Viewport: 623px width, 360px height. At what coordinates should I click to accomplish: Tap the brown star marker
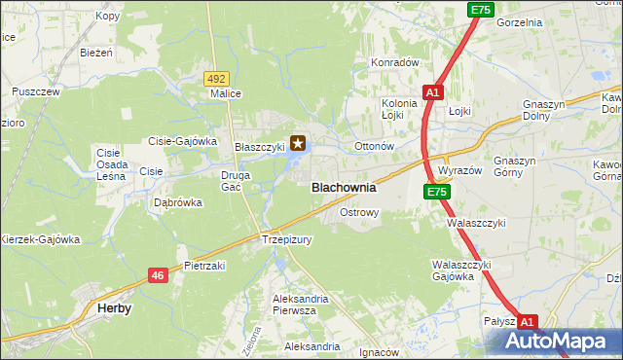pos(298,143)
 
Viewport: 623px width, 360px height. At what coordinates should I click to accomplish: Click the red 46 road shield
pos(158,276)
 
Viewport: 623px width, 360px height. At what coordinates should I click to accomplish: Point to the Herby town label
pos(115,307)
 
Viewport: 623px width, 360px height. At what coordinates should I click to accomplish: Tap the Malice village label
pos(226,94)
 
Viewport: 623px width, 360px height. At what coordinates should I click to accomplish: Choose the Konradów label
pos(394,62)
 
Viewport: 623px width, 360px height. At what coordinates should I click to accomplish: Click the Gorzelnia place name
pos(518,21)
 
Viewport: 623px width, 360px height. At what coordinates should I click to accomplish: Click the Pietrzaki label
pos(204,265)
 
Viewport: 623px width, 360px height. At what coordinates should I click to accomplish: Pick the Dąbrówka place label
pos(178,203)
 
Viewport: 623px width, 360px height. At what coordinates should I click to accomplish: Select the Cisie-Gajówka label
pos(182,141)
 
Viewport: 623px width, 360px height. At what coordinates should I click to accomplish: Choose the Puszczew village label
pos(36,91)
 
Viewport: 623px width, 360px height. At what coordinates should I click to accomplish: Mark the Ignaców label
pos(380,352)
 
